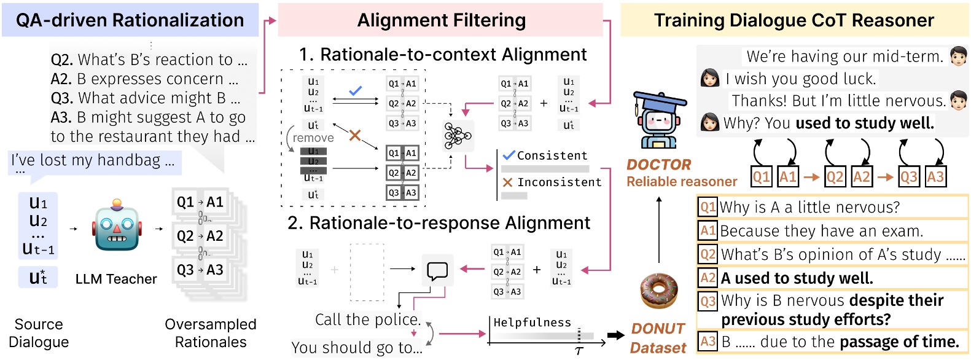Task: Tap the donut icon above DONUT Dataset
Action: click(x=658, y=291)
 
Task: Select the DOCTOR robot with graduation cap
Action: click(x=659, y=120)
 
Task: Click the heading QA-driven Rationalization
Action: click(x=130, y=20)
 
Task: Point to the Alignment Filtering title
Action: click(x=441, y=20)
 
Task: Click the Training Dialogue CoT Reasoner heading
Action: click(x=794, y=20)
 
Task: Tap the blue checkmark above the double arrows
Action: click(x=355, y=90)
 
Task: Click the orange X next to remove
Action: click(x=354, y=135)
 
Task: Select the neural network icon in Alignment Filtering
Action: click(x=458, y=136)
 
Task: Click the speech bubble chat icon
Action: click(x=437, y=270)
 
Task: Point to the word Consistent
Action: click(x=552, y=155)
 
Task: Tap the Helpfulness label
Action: click(x=532, y=323)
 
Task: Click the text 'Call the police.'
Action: click(x=368, y=319)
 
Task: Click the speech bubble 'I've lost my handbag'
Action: click(x=92, y=161)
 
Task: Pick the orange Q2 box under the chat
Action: click(x=835, y=177)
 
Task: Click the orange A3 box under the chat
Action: click(x=935, y=177)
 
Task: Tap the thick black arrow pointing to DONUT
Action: click(x=615, y=335)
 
